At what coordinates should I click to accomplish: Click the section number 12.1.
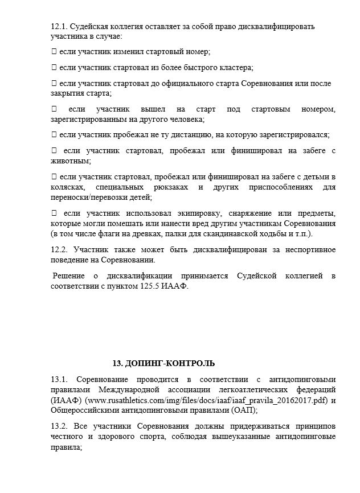click(59, 27)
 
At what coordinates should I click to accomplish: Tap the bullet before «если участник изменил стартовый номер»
click(54, 52)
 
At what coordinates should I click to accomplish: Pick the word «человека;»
click(185, 119)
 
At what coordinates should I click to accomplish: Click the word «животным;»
click(69, 161)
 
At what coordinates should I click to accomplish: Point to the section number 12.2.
click(59, 250)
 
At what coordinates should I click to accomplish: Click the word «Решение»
click(68, 276)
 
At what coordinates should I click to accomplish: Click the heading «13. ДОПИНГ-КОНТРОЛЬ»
click(163, 363)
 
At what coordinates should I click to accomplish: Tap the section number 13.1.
click(59, 379)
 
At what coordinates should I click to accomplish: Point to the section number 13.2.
click(59, 426)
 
